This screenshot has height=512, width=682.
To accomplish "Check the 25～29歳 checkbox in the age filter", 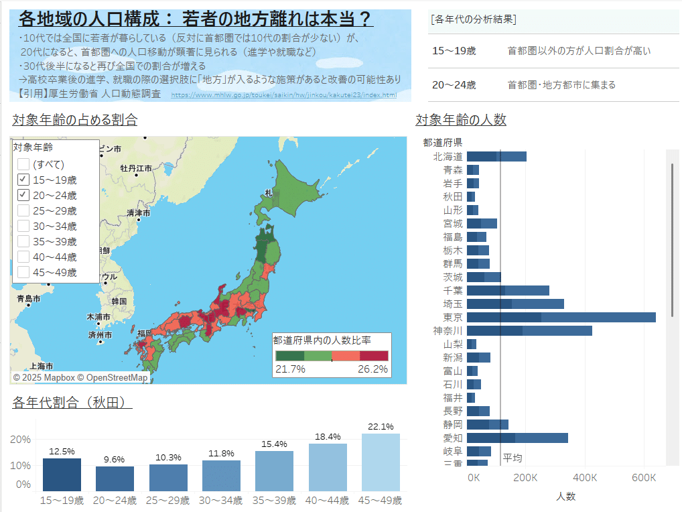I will point(23,211).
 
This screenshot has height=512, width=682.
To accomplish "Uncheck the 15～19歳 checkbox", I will point(23,180).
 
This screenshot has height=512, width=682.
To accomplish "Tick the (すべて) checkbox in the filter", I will point(23,164).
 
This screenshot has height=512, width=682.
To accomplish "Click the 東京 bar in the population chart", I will point(561,317).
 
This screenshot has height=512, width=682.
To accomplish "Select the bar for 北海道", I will point(496,156).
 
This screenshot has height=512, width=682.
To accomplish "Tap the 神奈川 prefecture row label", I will point(448,331).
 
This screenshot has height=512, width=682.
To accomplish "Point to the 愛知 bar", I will point(517,438).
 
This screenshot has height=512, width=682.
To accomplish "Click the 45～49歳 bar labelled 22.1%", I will point(381,462).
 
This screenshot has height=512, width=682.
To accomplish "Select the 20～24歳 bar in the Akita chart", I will point(115,478).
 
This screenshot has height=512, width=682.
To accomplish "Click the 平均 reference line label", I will point(513,458).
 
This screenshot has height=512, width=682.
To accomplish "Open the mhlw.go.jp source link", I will point(284,95).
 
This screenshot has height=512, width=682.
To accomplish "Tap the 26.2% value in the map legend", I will point(372,369).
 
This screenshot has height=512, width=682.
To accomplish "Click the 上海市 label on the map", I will point(41,366).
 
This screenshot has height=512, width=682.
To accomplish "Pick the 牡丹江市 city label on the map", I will point(136,168).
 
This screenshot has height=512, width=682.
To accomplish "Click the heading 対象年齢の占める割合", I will point(75,121).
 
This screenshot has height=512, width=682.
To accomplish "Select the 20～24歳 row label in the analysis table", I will point(454,85).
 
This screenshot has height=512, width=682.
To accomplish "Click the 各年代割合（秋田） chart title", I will point(72,403).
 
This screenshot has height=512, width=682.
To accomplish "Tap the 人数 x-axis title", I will point(566,497).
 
